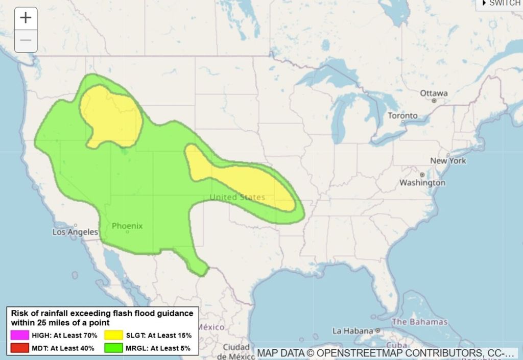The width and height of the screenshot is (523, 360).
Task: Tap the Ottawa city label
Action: [434, 93]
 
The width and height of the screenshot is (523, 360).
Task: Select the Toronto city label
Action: [402, 115]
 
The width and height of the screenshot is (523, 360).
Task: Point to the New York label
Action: [448, 160]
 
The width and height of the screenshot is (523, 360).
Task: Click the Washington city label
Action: [422, 182]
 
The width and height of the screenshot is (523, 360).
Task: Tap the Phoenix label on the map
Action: [127, 226]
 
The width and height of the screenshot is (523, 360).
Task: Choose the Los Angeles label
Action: [75, 232]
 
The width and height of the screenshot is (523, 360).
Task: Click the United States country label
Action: [237, 197]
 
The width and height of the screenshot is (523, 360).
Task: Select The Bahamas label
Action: [419, 322]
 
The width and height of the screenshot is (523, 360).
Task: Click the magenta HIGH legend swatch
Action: [19, 335]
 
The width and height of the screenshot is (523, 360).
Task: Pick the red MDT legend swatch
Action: [19, 348]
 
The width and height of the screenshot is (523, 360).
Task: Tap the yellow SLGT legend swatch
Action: [114, 335]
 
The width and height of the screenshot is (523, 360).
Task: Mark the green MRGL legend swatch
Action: [114, 348]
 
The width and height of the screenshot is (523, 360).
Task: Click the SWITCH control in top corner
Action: [501, 4]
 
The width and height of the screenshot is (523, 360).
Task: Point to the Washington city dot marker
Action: [422, 175]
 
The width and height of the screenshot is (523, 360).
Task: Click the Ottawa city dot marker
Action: [434, 101]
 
